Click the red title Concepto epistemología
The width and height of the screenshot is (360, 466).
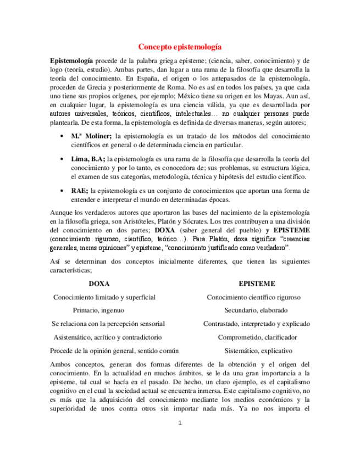(180, 47)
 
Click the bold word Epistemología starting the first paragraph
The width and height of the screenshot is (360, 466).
(71, 60)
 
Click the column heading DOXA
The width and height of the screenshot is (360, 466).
(99, 284)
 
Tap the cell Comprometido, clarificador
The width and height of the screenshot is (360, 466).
(257, 337)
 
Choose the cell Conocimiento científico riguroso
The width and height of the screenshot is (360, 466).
(253, 297)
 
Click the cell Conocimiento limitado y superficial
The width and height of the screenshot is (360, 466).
(104, 297)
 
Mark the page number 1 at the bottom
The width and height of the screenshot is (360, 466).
(179, 423)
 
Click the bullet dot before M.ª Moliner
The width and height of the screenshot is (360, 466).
(60, 136)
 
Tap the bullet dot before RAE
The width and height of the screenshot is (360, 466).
(60, 191)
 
